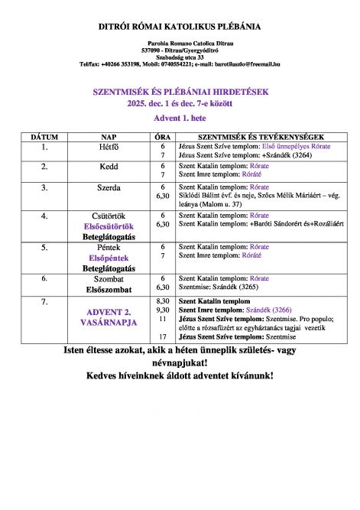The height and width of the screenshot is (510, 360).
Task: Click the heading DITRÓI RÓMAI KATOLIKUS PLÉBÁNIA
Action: click(180, 27)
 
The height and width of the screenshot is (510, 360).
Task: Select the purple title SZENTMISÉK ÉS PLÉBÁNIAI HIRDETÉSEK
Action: click(180, 91)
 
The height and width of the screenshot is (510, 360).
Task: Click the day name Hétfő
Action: click(109, 145)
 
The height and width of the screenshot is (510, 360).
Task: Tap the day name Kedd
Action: click(109, 166)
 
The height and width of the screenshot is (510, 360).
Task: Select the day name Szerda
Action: click(109, 187)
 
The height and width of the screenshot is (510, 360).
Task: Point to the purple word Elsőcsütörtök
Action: click(109, 226)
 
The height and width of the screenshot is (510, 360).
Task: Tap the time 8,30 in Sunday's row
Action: click(162, 301)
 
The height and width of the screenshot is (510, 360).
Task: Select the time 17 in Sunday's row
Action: click(162, 336)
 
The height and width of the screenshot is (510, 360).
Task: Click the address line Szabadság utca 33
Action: click(180, 57)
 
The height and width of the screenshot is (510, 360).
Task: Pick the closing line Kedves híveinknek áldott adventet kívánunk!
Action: click(180, 376)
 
